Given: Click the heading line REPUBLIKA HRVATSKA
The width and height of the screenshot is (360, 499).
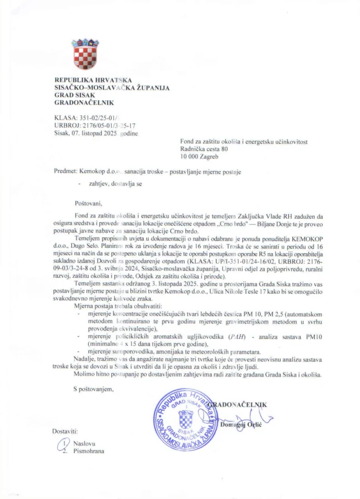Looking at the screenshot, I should (93, 81).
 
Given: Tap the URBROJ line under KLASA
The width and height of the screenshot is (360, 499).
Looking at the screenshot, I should (94, 126).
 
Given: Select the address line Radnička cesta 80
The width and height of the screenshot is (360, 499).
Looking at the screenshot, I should (204, 149).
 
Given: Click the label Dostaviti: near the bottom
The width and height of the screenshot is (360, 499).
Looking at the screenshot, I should (66, 431).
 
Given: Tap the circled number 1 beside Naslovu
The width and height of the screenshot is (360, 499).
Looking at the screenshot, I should (65, 444).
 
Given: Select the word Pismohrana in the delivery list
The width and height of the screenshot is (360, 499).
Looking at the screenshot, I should (89, 451).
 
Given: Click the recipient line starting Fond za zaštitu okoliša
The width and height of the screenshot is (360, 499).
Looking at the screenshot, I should (244, 141).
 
